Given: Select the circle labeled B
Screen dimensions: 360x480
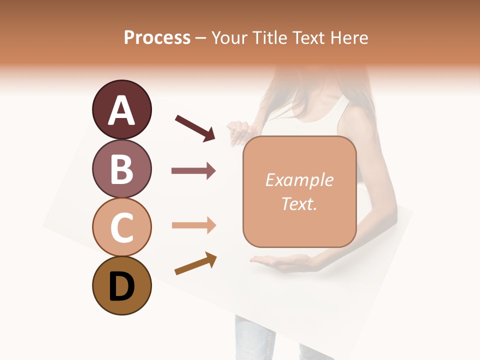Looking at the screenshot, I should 121,168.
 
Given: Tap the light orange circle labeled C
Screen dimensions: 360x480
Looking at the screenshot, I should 121,227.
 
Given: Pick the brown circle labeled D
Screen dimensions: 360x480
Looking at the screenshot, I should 121,285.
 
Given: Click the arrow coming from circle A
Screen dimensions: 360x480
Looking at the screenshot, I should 195,127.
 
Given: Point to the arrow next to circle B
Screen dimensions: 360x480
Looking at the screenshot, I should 193,171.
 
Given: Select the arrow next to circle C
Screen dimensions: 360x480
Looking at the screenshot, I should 193,225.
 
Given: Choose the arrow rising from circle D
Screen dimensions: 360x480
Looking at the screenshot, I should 195,263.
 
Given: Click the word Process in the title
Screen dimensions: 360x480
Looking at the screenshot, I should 157,37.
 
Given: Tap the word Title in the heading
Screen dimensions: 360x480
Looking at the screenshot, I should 269,37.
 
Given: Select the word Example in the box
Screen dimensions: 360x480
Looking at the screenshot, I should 299,180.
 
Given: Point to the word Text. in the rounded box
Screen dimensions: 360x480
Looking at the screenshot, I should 299,203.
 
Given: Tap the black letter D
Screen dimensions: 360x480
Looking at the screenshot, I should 121,286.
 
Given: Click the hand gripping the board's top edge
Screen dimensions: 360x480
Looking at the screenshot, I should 239,131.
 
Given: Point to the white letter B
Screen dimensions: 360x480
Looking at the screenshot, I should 121,169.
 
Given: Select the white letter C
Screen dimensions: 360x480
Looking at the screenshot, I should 121,228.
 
